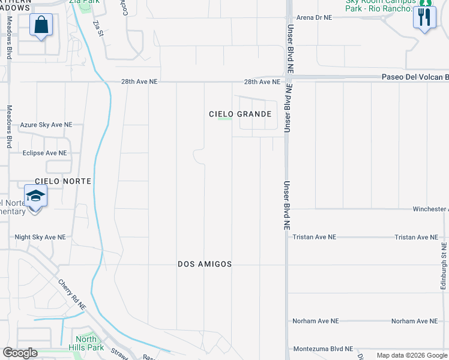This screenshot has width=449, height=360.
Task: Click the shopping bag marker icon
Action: click(41, 25)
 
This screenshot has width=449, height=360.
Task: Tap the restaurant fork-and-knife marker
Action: click(424, 17)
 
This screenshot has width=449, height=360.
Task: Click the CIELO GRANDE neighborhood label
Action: click(240, 114)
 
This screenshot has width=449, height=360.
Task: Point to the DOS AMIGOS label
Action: click(205, 264)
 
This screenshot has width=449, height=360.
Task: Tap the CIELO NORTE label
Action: click(63, 181)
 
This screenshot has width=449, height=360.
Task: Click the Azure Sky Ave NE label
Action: click(46, 125)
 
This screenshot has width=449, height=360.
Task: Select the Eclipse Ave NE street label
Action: click(44, 153)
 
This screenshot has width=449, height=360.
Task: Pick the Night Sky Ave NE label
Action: click(40, 238)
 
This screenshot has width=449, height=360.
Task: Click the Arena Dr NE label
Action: click(314, 18)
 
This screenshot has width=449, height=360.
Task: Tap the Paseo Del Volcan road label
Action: click(415, 77)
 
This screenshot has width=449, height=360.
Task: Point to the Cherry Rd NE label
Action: click(73, 294)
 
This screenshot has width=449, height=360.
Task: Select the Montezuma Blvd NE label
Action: click(323, 349)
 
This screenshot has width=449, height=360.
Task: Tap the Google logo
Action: click(20, 353)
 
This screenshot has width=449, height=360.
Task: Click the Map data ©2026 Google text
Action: click(412, 355)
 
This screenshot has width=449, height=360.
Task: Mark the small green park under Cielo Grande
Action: click(224, 119)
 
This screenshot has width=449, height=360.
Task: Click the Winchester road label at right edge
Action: click(430, 209)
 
